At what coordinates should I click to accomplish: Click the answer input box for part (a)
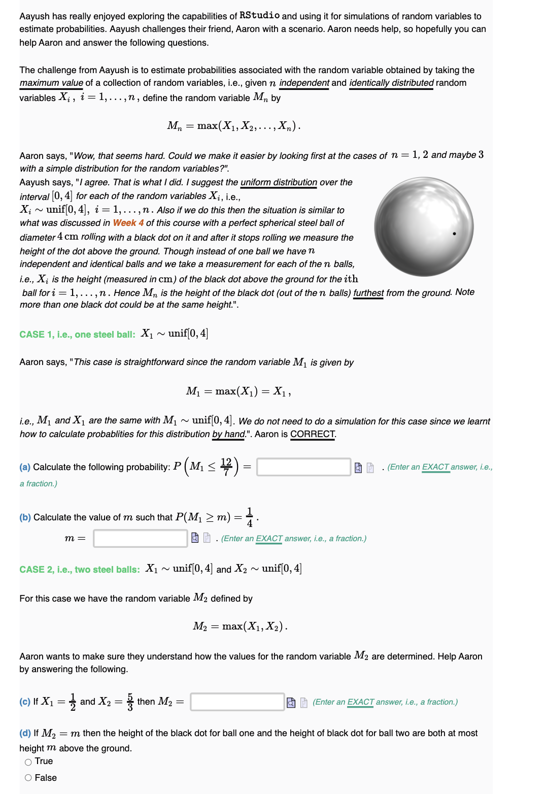pos(303,467)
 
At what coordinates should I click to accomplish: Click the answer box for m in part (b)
pos(141,538)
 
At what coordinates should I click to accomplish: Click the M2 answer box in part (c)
pos(237,702)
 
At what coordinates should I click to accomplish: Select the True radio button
pos(28,762)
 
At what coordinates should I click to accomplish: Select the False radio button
pos(28,778)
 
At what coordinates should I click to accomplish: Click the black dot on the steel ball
pos(454,234)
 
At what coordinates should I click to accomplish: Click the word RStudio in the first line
pos(259,16)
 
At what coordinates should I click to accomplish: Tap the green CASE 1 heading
pos(77,335)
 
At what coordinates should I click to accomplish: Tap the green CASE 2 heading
pos(79,570)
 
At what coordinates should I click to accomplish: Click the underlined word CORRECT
pos(313,434)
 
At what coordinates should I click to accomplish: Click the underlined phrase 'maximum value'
pos(51,83)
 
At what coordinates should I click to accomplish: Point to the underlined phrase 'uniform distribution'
pos(279,182)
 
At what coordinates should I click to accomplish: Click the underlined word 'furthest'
pos(368,293)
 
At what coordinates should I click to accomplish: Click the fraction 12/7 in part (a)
pos(226,467)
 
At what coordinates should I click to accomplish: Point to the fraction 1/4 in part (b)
pos(249,517)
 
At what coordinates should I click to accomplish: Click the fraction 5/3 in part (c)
pos(130,702)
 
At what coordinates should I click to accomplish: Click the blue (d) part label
pos(25,733)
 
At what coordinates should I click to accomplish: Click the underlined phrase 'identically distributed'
pos(391,83)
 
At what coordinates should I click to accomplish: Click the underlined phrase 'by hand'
pos(228,434)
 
